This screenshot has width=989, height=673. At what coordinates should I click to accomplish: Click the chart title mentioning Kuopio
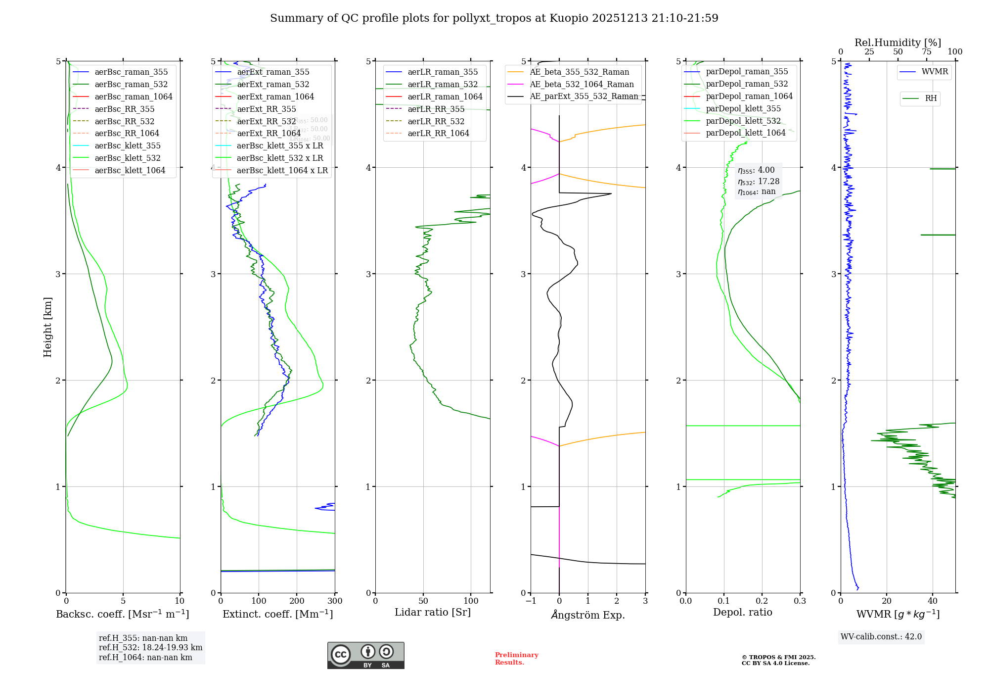[494, 18]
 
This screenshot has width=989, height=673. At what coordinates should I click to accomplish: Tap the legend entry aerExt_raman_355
[273, 72]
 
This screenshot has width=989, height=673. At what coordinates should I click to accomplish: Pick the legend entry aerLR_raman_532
[443, 85]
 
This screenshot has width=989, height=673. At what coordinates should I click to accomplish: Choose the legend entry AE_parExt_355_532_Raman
[584, 96]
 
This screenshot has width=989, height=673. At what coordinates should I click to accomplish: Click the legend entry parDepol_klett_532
[743, 121]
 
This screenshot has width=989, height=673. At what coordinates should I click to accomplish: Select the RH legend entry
[931, 98]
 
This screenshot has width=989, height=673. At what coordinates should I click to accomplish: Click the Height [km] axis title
[47, 327]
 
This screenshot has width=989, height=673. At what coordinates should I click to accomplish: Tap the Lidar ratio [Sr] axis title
[433, 613]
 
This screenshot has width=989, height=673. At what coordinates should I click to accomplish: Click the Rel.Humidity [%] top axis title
[898, 43]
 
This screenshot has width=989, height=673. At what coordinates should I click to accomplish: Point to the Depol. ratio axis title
[742, 613]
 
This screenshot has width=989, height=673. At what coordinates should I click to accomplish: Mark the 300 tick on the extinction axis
[335, 601]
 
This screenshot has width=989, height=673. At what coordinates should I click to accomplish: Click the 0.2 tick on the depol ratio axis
[762, 601]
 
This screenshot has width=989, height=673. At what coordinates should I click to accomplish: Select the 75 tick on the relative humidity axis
[926, 52]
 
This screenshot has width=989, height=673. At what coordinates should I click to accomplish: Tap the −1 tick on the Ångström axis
[531, 601]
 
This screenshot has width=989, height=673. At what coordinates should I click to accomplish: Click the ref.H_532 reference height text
[150, 648]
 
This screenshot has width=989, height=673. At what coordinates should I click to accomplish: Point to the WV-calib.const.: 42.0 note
[881, 637]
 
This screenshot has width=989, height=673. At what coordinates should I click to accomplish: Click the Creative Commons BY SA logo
[365, 656]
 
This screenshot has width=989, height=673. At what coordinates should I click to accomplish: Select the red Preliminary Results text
[516, 659]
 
